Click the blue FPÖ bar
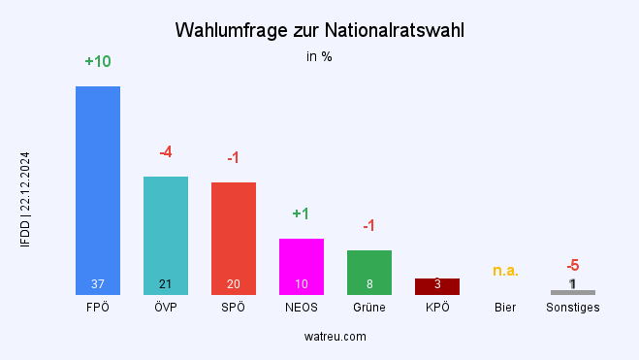pos(98,184)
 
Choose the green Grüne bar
pos(369,267)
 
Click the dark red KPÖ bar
pos(437,286)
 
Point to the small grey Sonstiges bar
pos(573,292)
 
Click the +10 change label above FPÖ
pos(98,62)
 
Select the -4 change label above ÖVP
pos(166,152)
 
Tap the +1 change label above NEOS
pos(301,213)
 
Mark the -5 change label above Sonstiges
pos(573,265)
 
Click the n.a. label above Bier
pos(505,271)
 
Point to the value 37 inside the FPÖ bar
pos(98,284)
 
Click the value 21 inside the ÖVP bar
pos(166,284)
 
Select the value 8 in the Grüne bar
pos(369,284)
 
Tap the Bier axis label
pos(505,308)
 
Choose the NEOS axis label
pos(302,308)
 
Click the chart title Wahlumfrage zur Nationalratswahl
pos(319,30)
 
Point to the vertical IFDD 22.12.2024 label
pos(25,199)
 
